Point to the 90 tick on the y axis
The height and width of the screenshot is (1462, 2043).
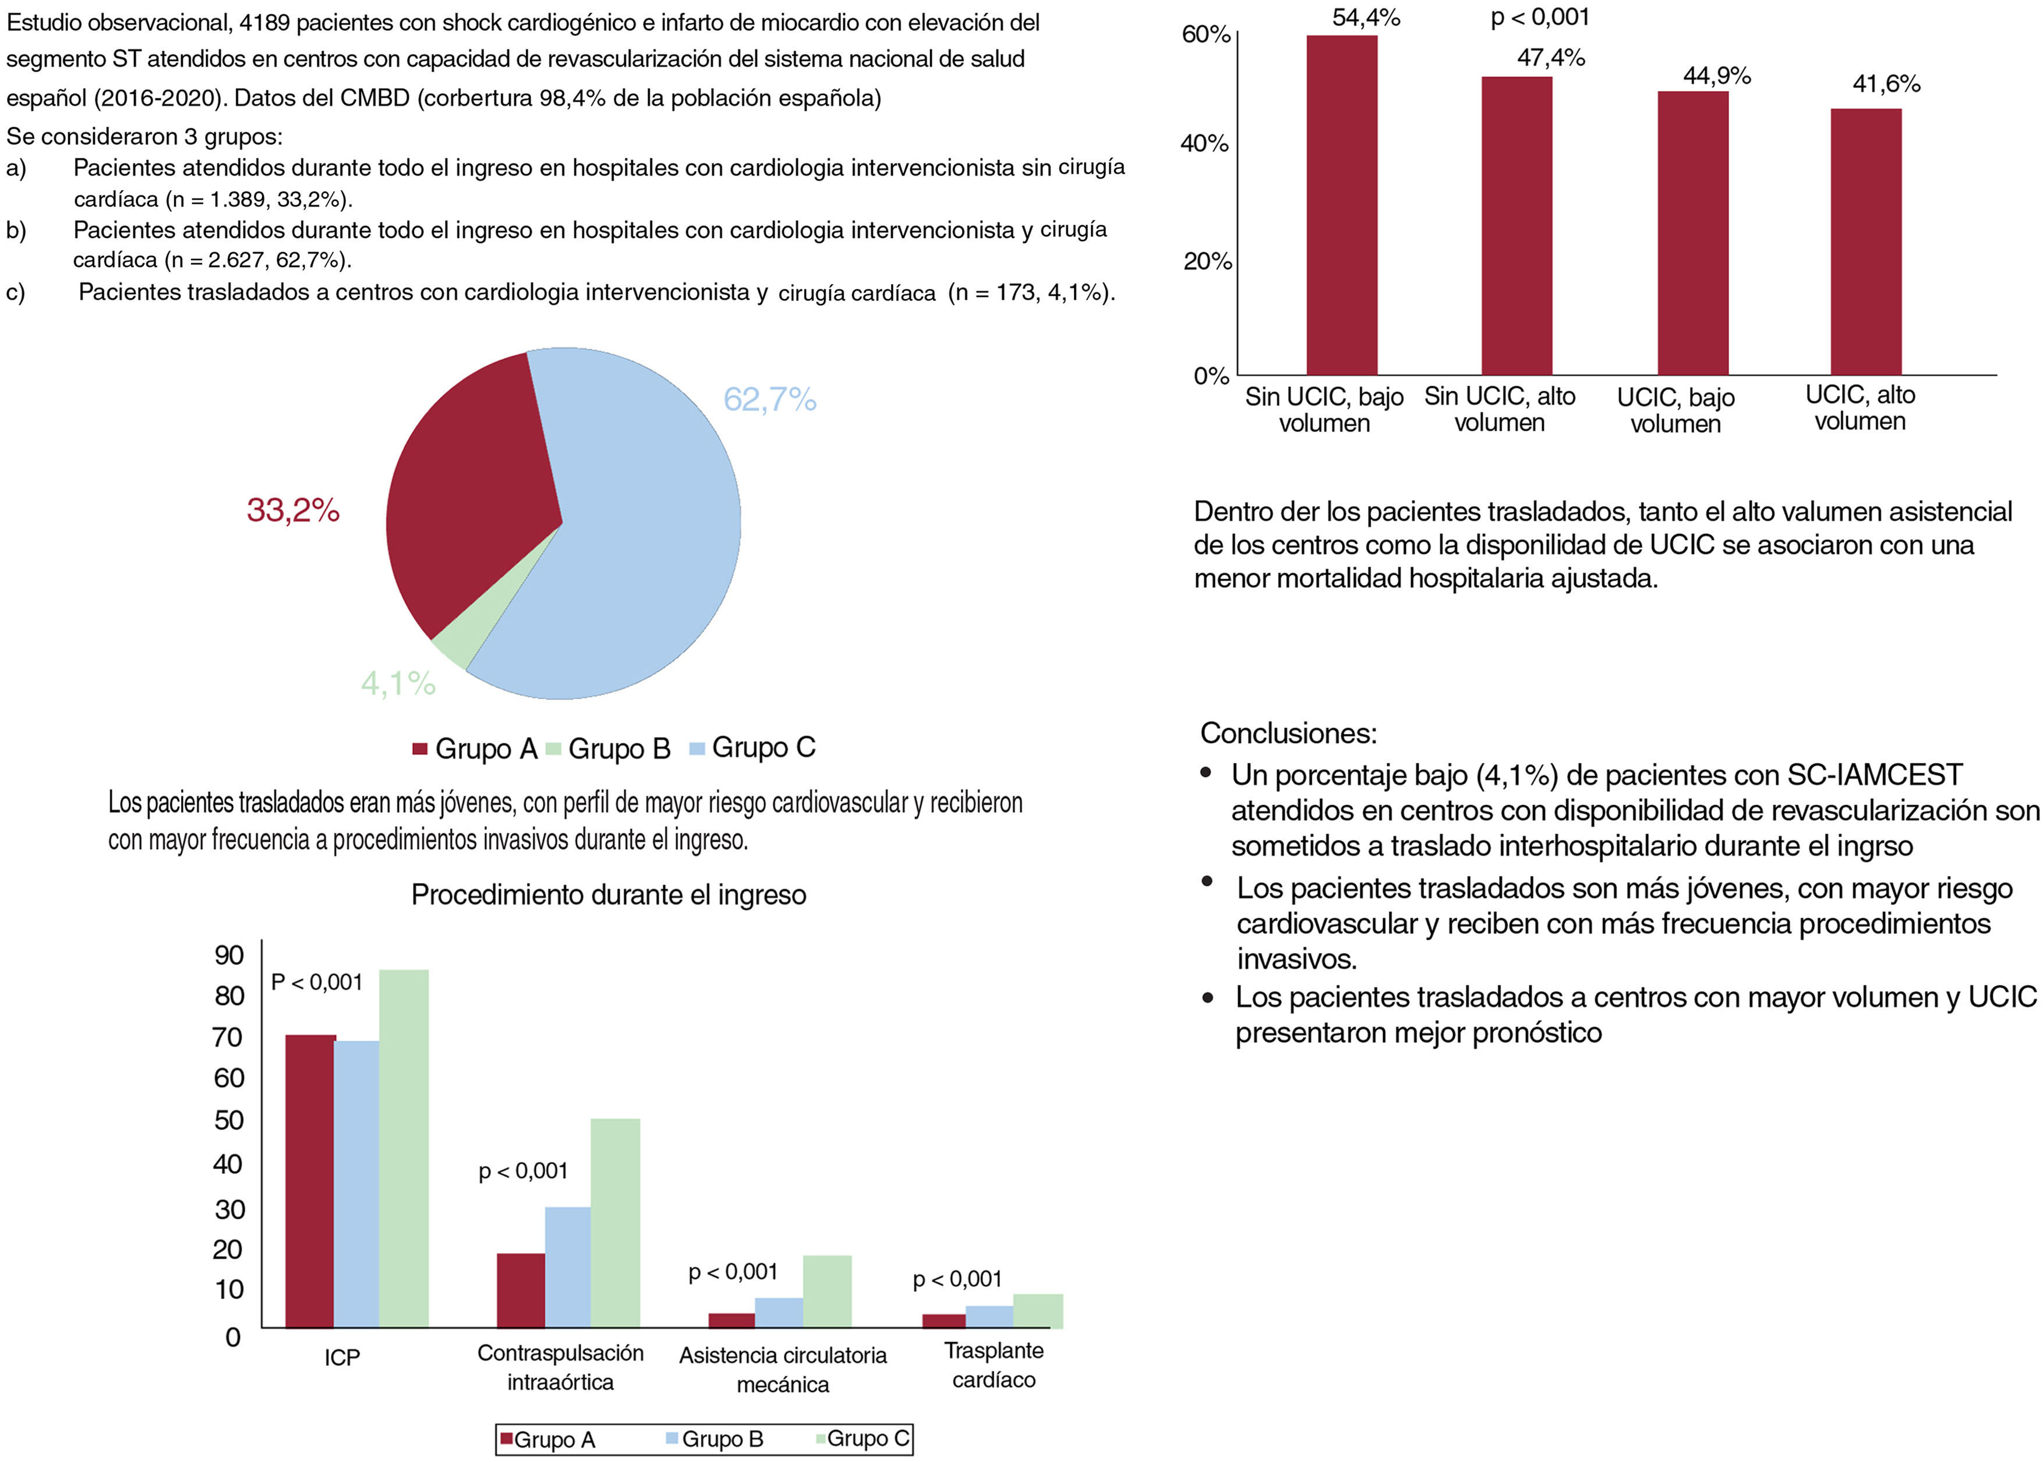click(229, 955)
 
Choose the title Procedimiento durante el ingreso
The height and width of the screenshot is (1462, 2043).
click(609, 895)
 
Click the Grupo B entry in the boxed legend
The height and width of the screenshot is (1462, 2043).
click(715, 1439)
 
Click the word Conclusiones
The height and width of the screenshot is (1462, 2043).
click(1288, 733)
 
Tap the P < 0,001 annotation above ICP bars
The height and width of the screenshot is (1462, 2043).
click(317, 982)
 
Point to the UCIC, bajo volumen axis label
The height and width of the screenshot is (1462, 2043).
click(1675, 410)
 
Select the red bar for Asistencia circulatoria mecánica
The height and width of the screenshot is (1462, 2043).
click(731, 1320)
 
